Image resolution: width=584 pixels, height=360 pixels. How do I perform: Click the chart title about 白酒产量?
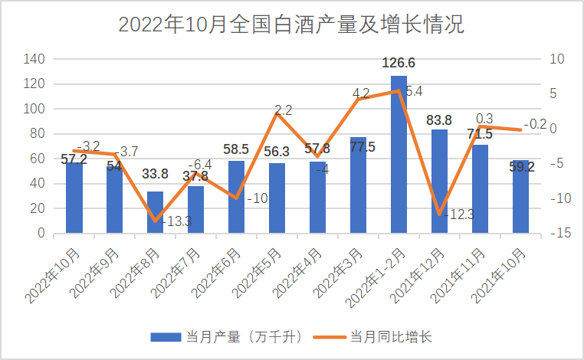pyautogui.click(x=291, y=25)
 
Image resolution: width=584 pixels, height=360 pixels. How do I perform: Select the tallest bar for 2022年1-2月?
pyautogui.click(x=399, y=153)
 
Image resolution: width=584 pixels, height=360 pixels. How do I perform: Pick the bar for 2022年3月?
pyautogui.click(x=358, y=185)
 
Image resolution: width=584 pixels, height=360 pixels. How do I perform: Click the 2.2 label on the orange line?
pyautogui.click(x=283, y=110)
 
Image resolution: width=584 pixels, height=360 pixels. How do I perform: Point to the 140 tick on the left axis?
pyautogui.click(x=34, y=59)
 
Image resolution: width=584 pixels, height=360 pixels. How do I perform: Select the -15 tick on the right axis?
pyautogui.click(x=557, y=233)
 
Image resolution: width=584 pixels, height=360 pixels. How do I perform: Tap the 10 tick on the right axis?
pyautogui.click(x=557, y=59)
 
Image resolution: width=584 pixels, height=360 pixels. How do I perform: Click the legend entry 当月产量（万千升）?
pyautogui.click(x=231, y=336)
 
